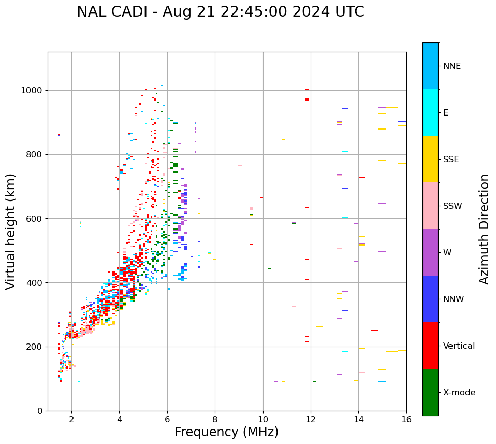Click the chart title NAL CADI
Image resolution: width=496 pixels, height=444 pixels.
[220, 12]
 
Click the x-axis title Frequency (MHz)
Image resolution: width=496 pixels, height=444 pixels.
[226, 432]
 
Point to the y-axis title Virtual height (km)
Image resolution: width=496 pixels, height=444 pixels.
[11, 231]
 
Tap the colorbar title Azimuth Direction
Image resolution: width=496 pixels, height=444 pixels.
[484, 229]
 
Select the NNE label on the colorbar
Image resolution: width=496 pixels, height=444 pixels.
[451, 66]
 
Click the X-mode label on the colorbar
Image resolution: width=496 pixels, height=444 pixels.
[459, 393]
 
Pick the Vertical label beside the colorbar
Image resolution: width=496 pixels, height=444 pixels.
[459, 346]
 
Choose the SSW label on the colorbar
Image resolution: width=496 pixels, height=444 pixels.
[452, 206]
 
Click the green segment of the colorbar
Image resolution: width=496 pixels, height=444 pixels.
[430, 392]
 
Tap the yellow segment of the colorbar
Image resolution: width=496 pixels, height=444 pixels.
[430, 159]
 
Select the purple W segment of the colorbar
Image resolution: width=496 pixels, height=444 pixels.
[430, 252]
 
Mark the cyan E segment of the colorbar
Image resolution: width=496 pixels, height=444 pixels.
[430, 112]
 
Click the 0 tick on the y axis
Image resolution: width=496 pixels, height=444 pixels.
[40, 411]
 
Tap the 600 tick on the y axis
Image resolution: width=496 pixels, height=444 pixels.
[35, 219]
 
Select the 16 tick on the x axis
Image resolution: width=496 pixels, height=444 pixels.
[406, 419]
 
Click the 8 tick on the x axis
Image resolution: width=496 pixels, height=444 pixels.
[215, 419]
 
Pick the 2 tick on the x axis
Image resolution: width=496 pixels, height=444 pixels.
[71, 419]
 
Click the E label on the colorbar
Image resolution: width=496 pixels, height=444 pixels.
[445, 113]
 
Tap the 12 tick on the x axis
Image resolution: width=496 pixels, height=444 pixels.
[311, 419]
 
